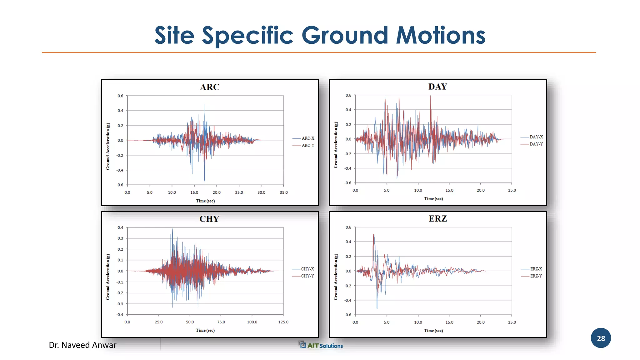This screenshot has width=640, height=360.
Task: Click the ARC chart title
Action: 209,87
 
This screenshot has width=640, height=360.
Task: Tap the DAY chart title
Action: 437,87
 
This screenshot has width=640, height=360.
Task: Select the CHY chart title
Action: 209,219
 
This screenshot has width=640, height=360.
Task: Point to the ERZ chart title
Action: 437,219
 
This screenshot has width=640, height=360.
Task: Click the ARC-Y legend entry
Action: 307,146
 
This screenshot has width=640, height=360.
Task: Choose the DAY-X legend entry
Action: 536,137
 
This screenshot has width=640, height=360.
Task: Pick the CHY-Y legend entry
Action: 307,276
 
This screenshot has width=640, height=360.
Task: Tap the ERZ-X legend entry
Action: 536,269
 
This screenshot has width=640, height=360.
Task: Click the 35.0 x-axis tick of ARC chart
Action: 283,192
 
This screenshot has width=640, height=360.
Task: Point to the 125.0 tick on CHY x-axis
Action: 283,322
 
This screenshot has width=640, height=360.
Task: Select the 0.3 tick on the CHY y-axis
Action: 120,238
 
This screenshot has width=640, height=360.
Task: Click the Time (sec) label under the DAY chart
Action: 433,199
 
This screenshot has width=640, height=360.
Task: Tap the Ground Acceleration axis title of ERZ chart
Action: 336,277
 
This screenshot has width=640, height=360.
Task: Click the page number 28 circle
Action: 600,338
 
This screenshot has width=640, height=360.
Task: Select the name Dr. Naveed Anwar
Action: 82,345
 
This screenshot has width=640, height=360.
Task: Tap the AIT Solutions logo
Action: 321,345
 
